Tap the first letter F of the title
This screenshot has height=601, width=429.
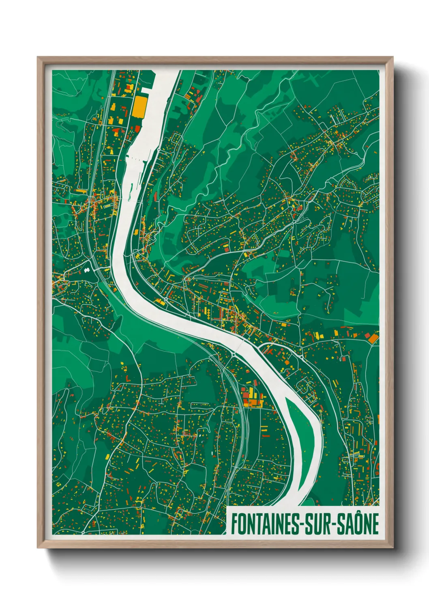[x=234, y=524]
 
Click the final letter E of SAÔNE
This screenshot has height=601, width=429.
[x=375, y=524]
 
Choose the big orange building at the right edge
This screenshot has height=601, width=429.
[x=373, y=337]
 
